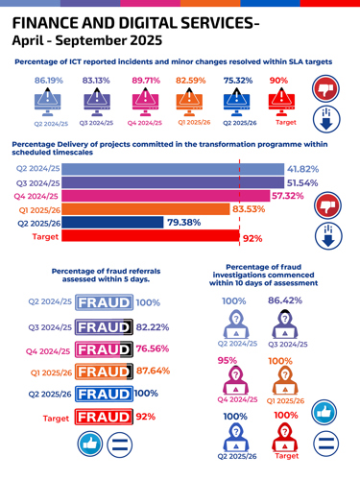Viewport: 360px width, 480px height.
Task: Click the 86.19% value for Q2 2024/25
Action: tap(51, 81)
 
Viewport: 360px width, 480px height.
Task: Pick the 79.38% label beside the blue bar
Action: tap(183, 222)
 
